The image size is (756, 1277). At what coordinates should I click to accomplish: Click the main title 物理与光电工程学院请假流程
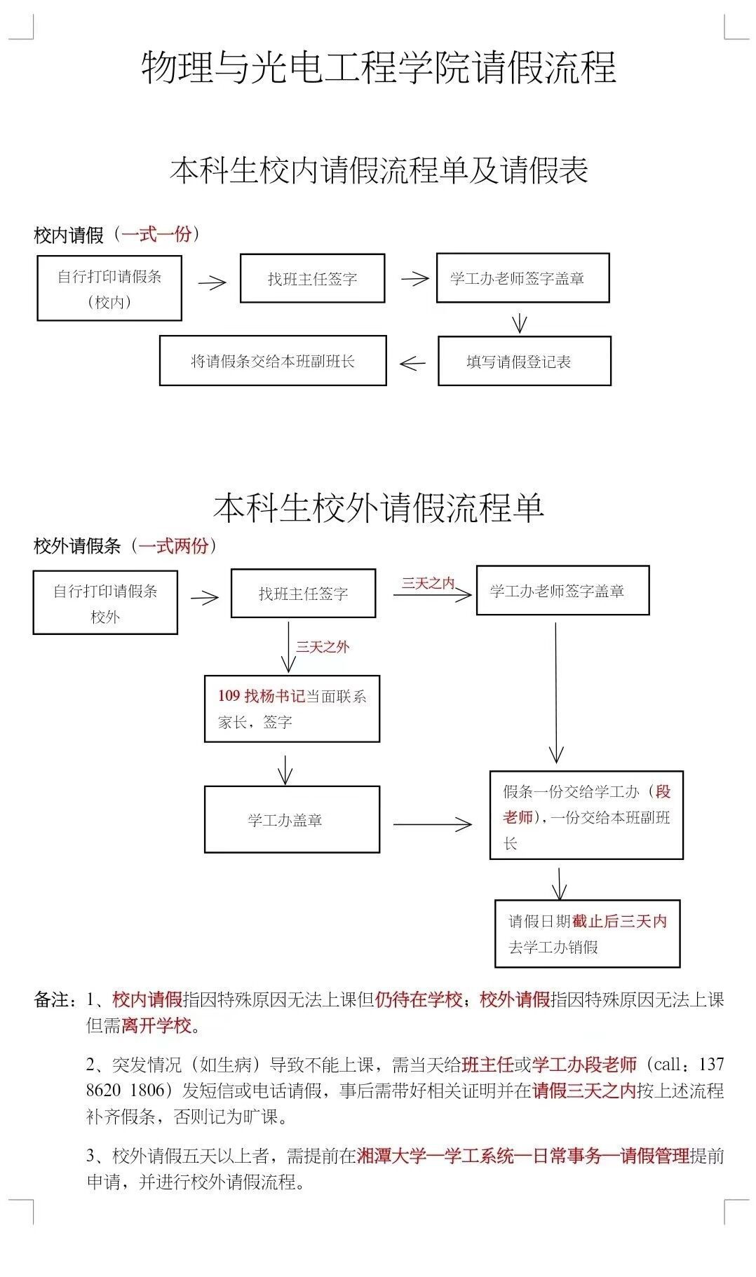pos(379,68)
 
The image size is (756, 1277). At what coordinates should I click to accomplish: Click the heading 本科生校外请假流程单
pos(379,507)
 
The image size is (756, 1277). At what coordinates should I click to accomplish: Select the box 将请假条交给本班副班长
pos(273,361)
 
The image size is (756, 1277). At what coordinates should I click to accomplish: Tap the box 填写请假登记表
pos(524,361)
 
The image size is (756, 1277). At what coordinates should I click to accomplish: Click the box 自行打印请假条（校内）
pos(109,288)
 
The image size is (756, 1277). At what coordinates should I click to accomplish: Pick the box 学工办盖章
pos(292,819)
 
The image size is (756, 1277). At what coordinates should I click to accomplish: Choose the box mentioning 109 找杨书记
pos(292,709)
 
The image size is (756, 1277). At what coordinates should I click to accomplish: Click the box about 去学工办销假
pos(587,934)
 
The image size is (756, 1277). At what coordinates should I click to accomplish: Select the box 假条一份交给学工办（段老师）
pos(586,815)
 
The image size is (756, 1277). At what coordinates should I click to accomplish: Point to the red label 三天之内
pos(428,583)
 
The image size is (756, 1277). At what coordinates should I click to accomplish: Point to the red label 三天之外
pos(323,647)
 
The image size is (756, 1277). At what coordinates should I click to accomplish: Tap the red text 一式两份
pos(173,545)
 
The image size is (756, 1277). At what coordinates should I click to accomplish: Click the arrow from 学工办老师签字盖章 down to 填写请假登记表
pos(519,322)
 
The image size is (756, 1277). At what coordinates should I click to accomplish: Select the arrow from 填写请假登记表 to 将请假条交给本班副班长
pos(412,363)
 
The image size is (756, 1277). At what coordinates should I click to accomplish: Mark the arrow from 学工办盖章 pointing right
pos(432,824)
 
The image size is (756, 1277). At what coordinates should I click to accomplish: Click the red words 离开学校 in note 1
pos(156,1026)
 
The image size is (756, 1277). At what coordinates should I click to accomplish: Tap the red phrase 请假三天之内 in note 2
pos(583,1091)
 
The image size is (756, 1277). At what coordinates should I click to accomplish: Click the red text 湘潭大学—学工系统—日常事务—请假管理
pos(523,1156)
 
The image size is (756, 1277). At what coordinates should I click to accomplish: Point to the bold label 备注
pos(51,1000)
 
